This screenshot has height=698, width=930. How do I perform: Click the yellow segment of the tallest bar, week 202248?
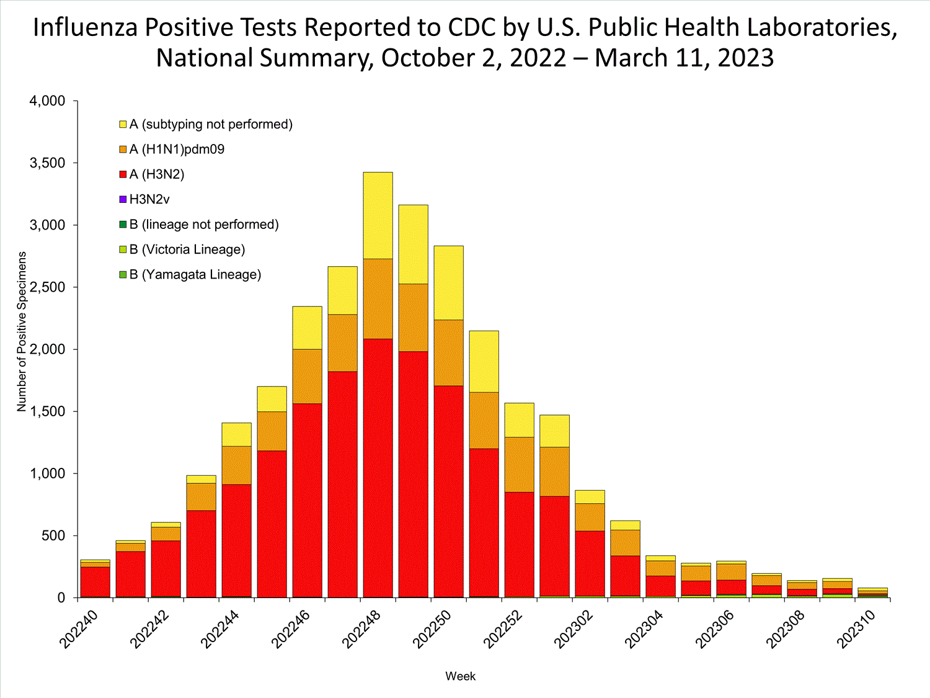coord(378,215)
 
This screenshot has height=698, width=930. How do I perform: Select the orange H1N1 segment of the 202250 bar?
coord(448,352)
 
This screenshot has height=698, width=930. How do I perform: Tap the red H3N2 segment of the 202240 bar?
coord(95,581)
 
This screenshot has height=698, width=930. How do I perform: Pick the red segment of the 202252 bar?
coord(519,544)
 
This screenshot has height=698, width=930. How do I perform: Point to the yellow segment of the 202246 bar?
coord(307,328)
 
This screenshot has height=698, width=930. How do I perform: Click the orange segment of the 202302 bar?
coord(590,517)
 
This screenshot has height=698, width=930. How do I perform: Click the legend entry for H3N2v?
coord(149,200)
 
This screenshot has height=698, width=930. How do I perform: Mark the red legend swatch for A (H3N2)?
coord(123,175)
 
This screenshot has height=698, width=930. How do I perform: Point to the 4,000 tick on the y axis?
coord(48,101)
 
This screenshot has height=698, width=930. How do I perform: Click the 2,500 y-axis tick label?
coord(48,287)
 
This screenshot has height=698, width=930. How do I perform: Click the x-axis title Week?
coord(460,676)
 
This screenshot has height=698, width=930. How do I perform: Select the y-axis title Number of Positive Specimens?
coord(22,331)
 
